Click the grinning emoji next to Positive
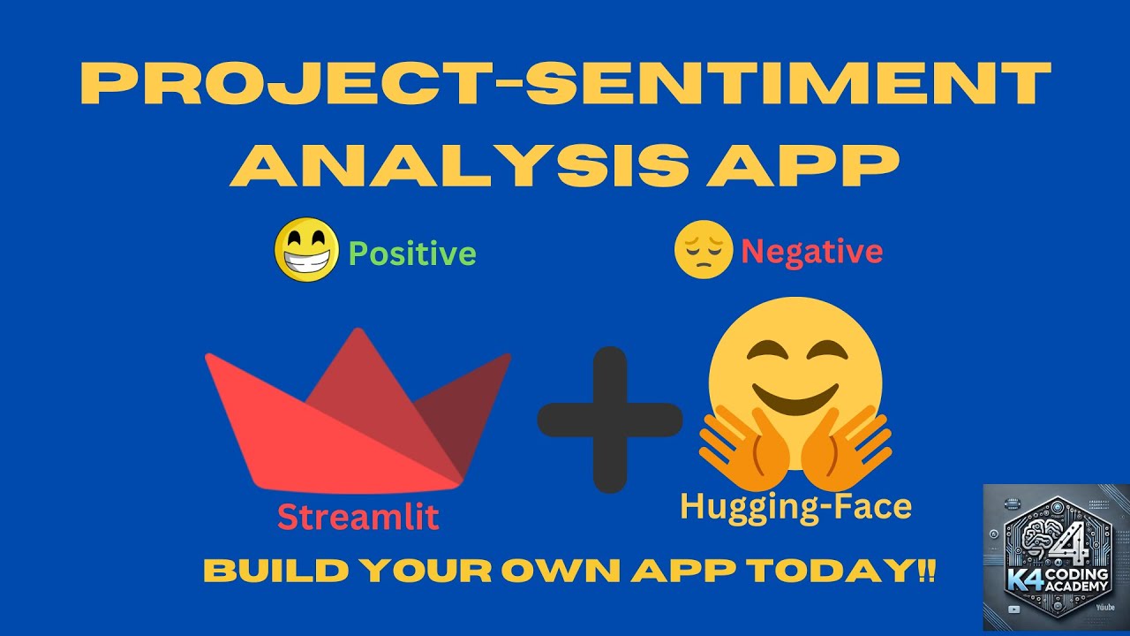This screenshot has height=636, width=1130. pyautogui.click(x=306, y=250)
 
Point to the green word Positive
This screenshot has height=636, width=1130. pyautogui.click(x=412, y=254)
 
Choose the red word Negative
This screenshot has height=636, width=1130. pyautogui.click(x=811, y=253)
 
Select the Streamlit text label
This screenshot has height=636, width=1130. pyautogui.click(x=358, y=517)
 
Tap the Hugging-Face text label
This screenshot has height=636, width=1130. pyautogui.click(x=795, y=507)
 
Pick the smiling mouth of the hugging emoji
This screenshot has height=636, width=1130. pyautogui.click(x=794, y=397)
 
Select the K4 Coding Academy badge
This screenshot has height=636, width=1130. pyautogui.click(x=1056, y=558)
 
